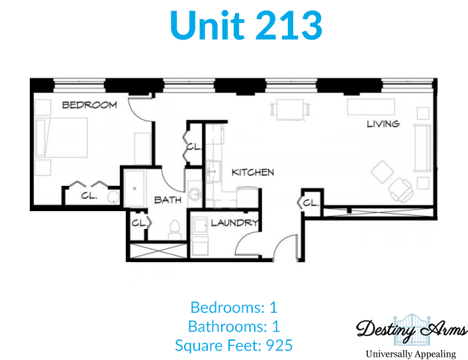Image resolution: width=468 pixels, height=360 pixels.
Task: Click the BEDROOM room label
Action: pos(89,105)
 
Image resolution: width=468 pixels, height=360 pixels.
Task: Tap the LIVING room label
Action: pos(383,124)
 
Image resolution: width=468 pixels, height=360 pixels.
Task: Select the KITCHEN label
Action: pos(253,172)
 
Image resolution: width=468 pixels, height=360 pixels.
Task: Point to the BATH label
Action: pos(167,200)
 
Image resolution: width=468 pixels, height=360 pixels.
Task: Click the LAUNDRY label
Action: pos(234,223)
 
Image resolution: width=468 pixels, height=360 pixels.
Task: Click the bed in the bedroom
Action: pos(61,137)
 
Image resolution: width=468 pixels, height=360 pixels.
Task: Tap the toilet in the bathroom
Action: pos(174,230)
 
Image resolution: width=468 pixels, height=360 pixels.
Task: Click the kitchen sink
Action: pos(213,171)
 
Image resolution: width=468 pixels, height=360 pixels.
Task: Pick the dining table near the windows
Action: pos(290,109)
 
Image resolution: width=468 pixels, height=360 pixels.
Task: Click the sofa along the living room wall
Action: pos(422,148)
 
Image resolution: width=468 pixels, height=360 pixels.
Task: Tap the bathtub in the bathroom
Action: pos(134,189)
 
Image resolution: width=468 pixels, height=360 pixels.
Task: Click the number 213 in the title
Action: pos(289,25)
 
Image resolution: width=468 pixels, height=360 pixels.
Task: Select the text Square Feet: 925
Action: pos(234,345)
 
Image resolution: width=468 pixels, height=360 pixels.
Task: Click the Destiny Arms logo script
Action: pos(411,330)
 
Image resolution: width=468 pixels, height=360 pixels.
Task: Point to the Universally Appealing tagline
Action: pos(411,354)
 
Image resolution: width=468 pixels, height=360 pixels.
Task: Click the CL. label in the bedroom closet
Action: pos(89,196)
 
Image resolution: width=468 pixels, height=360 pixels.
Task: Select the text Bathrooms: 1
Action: pos(234,326)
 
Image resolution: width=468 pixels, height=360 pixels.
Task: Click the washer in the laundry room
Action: pos(199,226)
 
